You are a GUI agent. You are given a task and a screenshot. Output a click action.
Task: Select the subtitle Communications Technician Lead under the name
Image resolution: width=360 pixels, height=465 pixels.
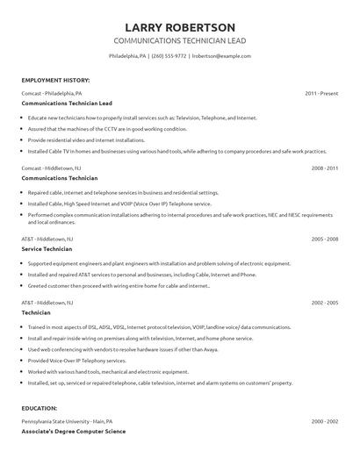pyautogui.click(x=179, y=41)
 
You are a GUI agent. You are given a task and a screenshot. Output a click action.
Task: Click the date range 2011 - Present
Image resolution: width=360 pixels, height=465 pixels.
pyautogui.click(x=321, y=93)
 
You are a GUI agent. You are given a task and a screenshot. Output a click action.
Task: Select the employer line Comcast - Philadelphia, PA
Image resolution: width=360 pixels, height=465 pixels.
pyautogui.click(x=52, y=93)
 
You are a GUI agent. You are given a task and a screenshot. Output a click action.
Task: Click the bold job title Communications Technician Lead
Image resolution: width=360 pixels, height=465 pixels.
pyautogui.click(x=67, y=103)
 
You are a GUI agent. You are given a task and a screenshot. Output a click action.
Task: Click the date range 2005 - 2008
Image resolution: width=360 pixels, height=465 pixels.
pyautogui.click(x=324, y=239)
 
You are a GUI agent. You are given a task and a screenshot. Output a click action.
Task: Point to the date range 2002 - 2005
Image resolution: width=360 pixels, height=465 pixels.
pyautogui.click(x=324, y=303)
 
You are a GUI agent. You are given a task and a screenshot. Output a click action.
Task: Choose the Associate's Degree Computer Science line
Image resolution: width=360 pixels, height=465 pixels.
pyautogui.click(x=74, y=432)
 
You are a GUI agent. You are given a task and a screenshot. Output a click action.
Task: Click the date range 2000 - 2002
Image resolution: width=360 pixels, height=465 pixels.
pyautogui.click(x=324, y=422)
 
